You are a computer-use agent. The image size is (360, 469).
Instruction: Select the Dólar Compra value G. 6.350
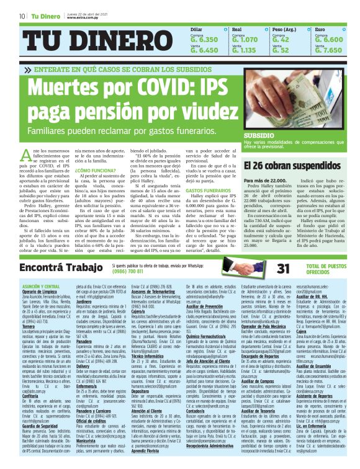click(204, 39)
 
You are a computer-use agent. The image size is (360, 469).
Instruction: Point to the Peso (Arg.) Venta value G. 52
click(281, 50)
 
